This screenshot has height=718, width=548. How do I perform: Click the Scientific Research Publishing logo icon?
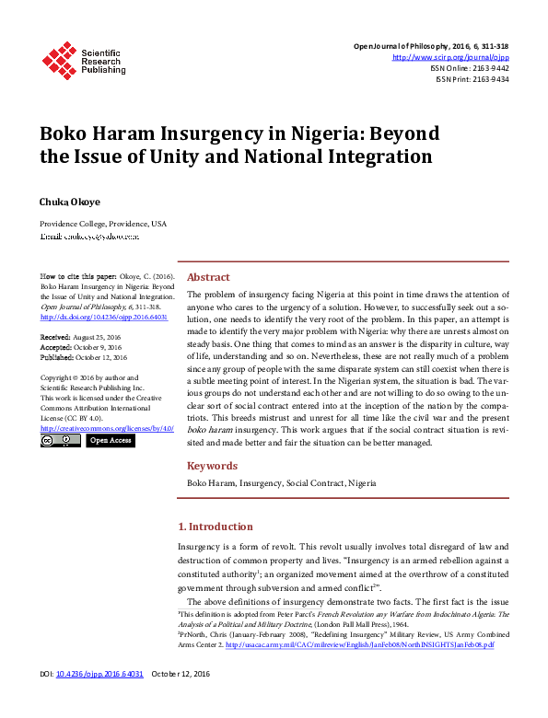pos(59,60)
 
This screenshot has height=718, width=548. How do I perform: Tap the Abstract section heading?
pos(208,277)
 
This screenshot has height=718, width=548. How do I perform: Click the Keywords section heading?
pos(212,466)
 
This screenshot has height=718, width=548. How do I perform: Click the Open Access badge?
pos(111,441)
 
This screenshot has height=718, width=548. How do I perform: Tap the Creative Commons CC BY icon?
pos(60,441)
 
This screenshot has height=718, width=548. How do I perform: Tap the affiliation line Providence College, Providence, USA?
pos(103,224)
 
